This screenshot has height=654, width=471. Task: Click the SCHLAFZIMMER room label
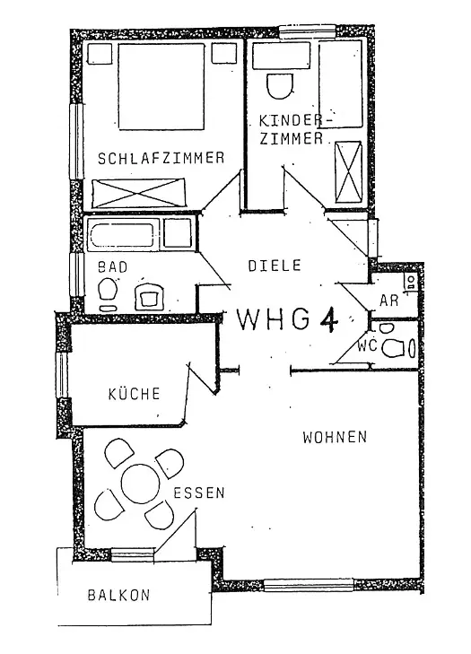pos(161,158)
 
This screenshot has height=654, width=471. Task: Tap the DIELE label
pos(275,266)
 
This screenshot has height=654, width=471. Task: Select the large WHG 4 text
pos(287,319)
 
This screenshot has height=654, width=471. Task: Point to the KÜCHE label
pos(134,393)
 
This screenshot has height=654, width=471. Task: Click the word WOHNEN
pos(335,437)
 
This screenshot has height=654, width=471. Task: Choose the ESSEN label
pos(199,493)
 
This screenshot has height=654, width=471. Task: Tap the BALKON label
pos(118,595)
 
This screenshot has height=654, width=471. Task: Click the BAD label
pos(113,267)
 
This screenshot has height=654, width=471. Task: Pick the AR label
pos(388,300)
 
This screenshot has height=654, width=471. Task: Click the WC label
pos(367,345)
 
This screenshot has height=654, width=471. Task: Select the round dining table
pos(141,484)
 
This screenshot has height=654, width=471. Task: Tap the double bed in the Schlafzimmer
pos(161,86)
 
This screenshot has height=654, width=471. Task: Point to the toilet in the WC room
pos(394,348)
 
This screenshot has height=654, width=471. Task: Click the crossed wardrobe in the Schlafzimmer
pos(138,193)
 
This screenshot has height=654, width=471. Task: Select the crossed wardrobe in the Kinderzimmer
pos(348,171)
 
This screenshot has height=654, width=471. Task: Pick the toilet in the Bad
pos(108,288)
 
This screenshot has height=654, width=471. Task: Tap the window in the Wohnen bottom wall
pos(309,584)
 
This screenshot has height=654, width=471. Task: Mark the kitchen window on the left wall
pos(62,375)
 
